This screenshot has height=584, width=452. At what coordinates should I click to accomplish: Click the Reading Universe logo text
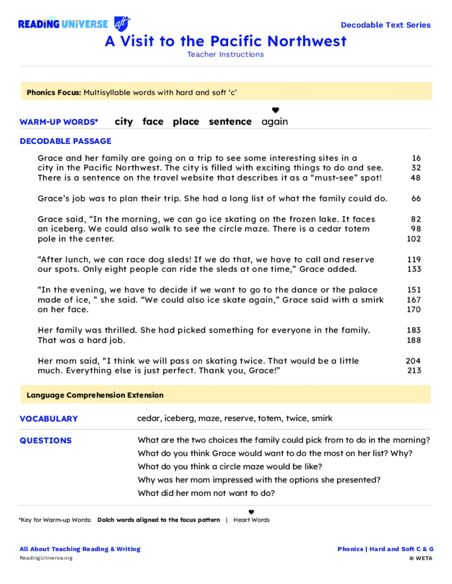point(63,24)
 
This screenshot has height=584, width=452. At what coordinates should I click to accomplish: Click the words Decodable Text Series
point(385,25)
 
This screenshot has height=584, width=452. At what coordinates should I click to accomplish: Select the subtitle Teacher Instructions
point(226,55)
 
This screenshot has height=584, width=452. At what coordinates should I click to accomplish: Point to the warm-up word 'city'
point(124,122)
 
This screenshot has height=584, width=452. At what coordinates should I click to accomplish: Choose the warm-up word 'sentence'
point(230,122)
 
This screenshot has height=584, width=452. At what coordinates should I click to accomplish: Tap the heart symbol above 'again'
point(275,110)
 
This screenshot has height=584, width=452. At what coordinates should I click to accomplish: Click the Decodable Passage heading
point(65,141)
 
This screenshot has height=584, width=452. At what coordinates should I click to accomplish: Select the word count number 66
point(416,198)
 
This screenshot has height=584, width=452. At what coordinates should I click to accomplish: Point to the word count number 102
point(414,239)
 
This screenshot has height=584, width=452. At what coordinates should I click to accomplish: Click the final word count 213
point(414,371)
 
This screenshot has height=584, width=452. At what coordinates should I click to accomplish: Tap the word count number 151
point(414,290)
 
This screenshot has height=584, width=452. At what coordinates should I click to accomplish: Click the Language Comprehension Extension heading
point(95,395)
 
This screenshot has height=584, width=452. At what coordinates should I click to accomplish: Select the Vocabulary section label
point(49,419)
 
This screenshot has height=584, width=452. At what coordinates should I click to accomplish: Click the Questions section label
point(45,441)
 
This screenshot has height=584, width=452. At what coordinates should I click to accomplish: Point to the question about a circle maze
point(230,467)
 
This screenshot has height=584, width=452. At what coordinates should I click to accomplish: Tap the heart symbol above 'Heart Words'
point(251,512)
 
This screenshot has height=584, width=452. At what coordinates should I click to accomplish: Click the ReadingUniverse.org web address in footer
point(46,558)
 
